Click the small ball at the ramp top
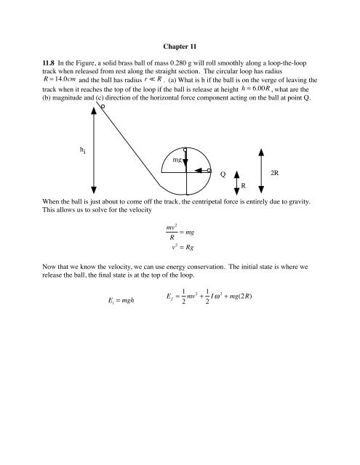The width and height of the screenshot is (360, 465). [103, 107]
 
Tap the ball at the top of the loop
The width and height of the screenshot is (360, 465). [186, 150]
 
